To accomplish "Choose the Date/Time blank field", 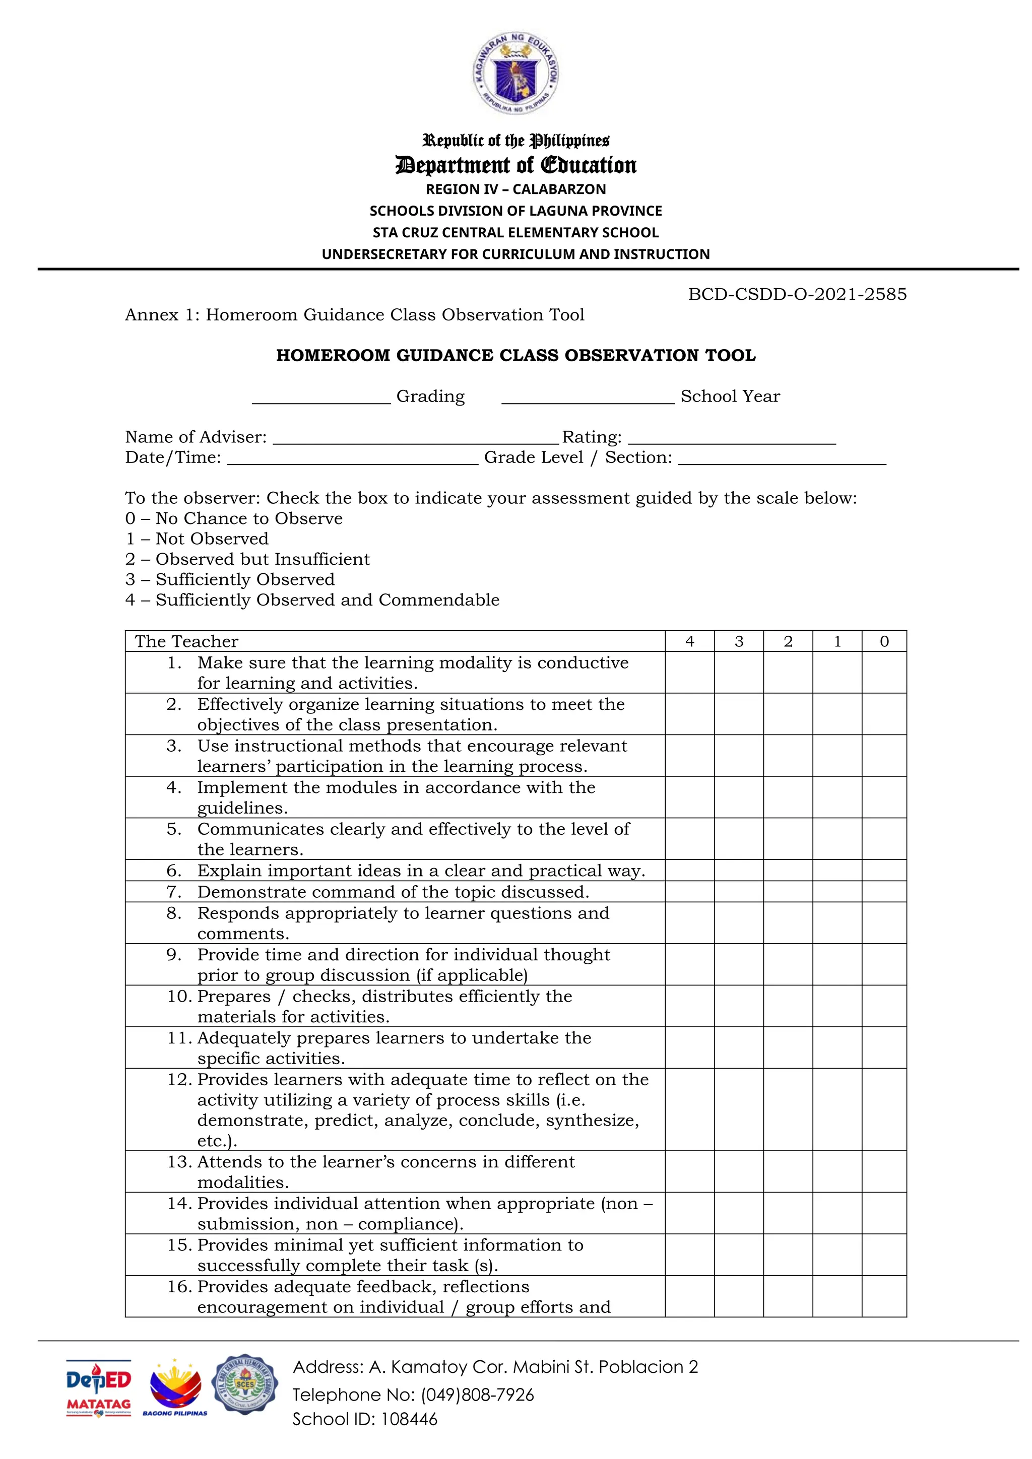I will point(352,462).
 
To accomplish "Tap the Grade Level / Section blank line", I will point(782,462).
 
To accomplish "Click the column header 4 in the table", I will point(689,641).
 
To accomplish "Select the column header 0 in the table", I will point(884,641).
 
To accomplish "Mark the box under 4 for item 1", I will point(689,672).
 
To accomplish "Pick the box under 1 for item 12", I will point(837,1109).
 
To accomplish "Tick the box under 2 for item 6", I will point(788,871).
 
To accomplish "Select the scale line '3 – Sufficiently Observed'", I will point(230,579).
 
